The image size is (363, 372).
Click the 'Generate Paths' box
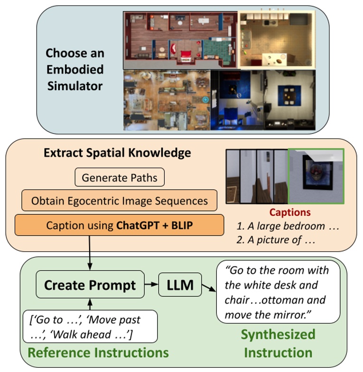(119, 178)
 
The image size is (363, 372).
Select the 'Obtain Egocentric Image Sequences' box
(119, 200)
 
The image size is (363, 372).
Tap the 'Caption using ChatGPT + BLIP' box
(119, 225)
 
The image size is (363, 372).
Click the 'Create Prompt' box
(90, 286)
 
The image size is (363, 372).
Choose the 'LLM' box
(179, 285)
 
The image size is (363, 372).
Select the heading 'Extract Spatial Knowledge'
(117, 153)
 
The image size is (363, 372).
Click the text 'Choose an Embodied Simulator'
(74, 69)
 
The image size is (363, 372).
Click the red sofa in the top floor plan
(174, 48)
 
